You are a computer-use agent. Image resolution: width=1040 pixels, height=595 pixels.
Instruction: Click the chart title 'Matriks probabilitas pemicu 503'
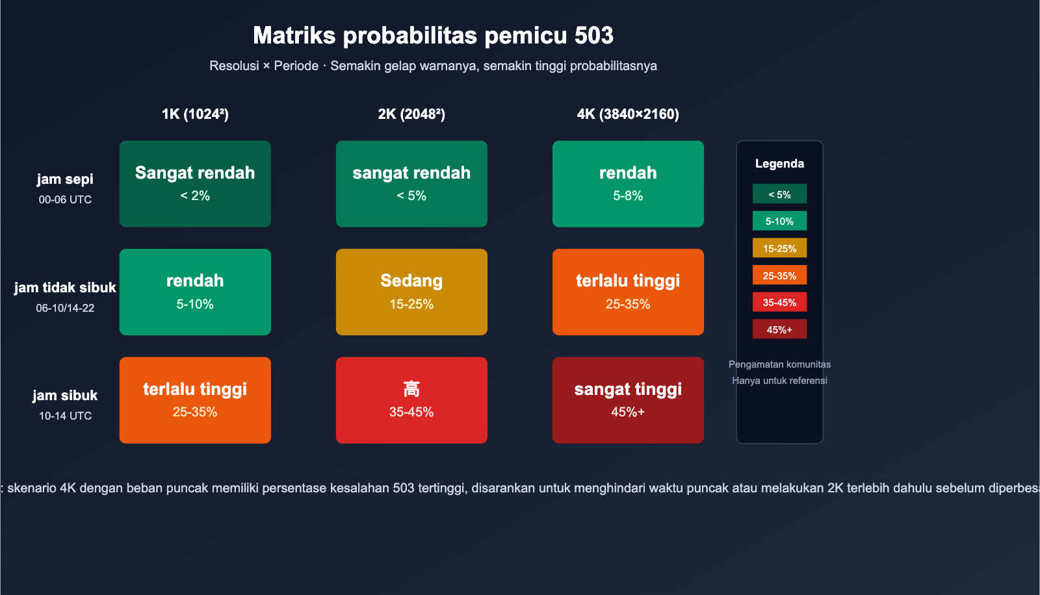(x=433, y=36)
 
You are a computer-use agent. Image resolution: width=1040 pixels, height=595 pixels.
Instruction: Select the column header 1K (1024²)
(x=195, y=114)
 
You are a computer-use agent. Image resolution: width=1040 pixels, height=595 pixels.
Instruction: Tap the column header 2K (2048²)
(x=411, y=114)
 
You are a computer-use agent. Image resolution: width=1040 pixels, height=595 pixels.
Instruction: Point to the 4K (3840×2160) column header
(x=628, y=114)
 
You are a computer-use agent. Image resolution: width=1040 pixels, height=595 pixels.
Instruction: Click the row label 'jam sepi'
(x=65, y=179)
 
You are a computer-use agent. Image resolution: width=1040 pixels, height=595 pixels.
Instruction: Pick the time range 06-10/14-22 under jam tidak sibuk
(x=65, y=308)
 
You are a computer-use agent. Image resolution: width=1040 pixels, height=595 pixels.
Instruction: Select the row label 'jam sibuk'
(x=65, y=396)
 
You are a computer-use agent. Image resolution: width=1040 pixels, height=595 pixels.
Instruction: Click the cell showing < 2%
(x=195, y=184)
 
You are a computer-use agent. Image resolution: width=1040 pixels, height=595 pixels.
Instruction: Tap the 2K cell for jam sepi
(x=411, y=184)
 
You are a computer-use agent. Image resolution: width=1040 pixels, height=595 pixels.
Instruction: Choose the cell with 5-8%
(x=628, y=184)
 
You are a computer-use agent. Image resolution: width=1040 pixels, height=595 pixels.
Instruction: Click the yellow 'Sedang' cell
(x=411, y=292)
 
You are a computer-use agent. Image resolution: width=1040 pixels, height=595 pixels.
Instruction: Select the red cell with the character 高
(x=411, y=400)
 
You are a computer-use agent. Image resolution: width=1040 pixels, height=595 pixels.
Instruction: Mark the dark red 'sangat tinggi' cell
(x=628, y=400)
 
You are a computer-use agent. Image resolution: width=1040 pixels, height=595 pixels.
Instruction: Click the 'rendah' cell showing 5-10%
(x=195, y=292)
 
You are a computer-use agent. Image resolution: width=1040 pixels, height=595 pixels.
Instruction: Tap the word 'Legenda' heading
(x=779, y=164)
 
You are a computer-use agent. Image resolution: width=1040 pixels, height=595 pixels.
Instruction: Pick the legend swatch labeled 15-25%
(x=779, y=248)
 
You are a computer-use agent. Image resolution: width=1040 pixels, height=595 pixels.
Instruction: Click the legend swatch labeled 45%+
(x=779, y=329)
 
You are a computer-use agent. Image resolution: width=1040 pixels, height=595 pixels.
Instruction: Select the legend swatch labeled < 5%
(x=779, y=194)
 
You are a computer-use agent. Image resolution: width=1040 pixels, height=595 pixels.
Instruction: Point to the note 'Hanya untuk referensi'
(x=779, y=381)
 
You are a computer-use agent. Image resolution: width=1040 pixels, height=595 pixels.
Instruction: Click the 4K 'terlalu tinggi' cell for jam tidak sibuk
(x=628, y=292)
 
